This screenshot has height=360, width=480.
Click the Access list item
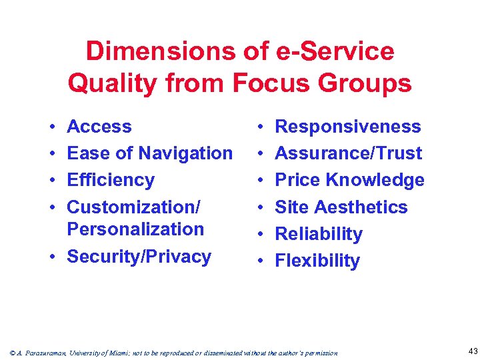99,126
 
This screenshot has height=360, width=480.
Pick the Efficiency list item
111,180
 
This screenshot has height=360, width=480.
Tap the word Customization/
133,207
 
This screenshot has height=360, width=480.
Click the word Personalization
135,229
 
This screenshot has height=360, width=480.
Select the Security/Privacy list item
139,256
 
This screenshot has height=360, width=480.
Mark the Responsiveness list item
348,126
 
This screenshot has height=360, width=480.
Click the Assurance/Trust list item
349,153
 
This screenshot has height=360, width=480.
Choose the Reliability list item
319,234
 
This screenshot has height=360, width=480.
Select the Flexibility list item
317,261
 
